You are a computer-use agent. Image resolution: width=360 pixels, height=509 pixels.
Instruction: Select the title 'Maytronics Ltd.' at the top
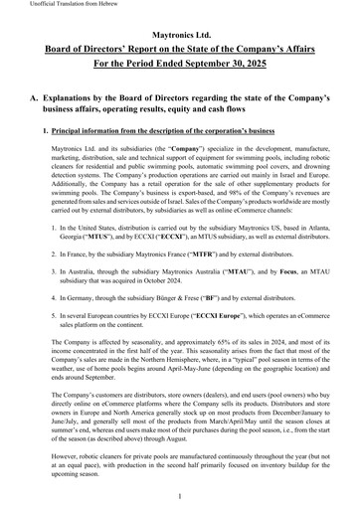(179, 33)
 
